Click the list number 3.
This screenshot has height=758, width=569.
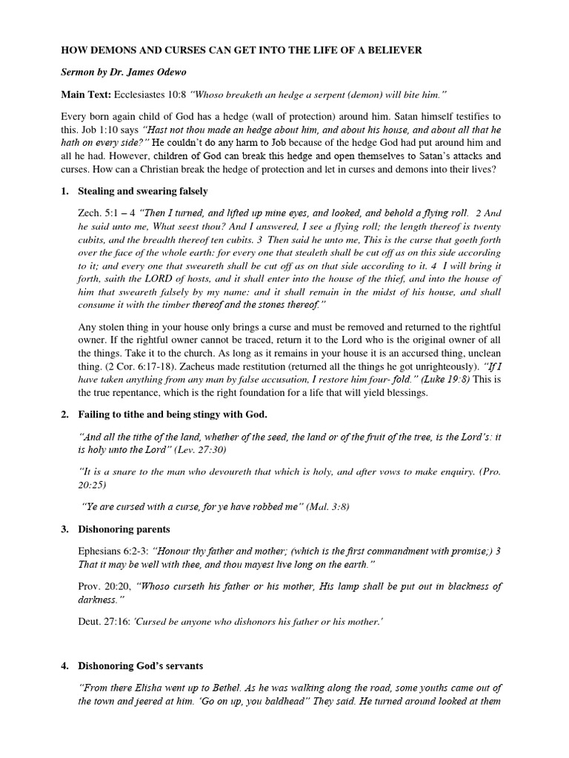pyautogui.click(x=64, y=529)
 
